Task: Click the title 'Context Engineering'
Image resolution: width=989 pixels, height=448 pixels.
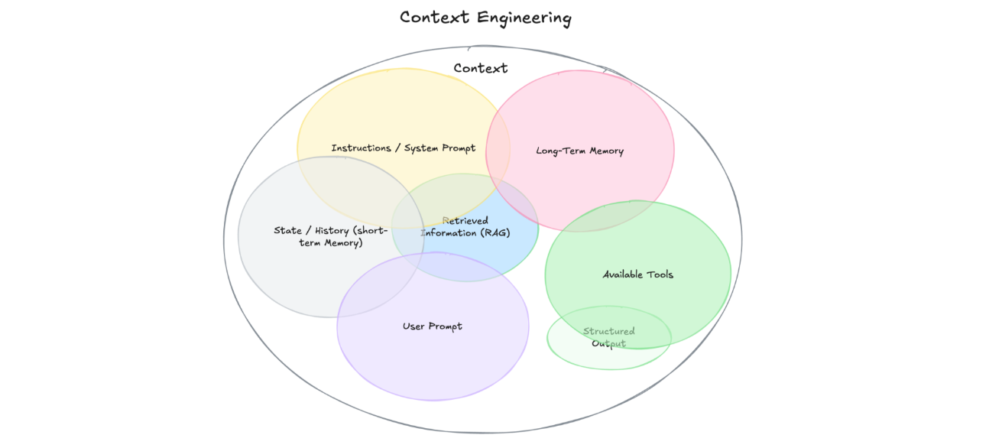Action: coord(485,18)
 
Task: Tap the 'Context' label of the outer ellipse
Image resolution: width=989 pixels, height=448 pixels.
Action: coord(481,68)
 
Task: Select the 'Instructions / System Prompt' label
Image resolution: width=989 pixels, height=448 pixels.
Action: coord(404,148)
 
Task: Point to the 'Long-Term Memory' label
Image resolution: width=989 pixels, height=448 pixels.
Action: coord(580,151)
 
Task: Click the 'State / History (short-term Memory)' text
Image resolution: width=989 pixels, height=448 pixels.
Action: coord(331,236)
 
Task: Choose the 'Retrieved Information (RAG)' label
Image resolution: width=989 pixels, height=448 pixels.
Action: coord(465,226)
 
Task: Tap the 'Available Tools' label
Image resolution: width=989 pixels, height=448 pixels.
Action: coord(638,274)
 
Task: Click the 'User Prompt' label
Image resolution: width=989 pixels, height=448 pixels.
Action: coord(433,326)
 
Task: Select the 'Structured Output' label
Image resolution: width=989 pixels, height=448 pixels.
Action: coord(609,337)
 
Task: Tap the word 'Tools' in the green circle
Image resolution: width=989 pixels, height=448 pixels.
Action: coord(660,274)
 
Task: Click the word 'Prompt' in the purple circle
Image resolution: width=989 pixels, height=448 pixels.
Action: coord(446,326)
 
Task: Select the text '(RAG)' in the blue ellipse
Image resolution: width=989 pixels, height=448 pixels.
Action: coord(495,232)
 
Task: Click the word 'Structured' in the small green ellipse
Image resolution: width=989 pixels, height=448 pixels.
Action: coord(609,331)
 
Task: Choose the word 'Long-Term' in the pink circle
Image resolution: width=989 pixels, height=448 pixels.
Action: coord(558,151)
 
